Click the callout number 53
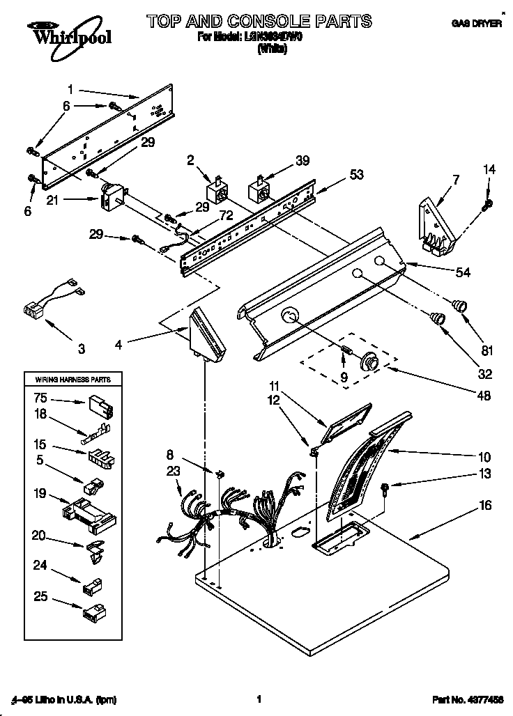coord(357,176)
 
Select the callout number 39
coord(302,160)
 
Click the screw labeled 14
coord(487,204)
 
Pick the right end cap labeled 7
coord(436,226)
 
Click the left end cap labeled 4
coord(206,335)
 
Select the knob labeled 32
coord(437,318)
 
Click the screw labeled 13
coord(385,488)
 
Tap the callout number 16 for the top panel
coord(485,505)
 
